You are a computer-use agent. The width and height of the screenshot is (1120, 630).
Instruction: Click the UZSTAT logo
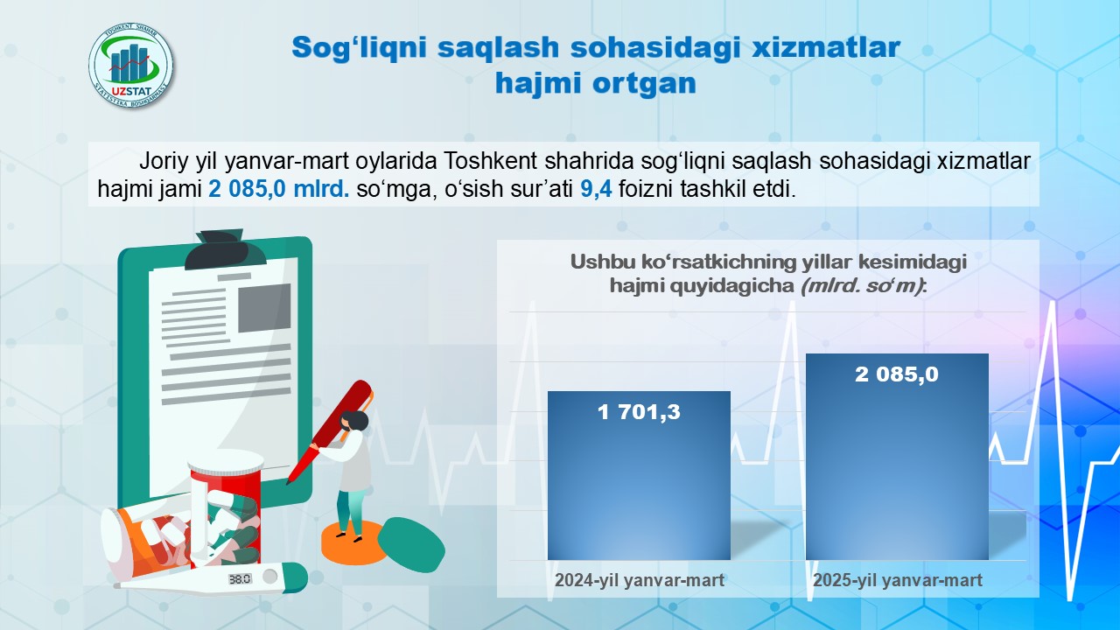point(131,66)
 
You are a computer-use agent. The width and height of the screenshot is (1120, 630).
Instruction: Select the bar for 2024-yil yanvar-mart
point(639,475)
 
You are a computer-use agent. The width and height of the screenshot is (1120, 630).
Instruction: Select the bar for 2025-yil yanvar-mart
point(897,457)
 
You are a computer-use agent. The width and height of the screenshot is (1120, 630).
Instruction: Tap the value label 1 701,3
point(639,412)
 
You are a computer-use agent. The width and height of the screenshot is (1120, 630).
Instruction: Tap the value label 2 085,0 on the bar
point(897,374)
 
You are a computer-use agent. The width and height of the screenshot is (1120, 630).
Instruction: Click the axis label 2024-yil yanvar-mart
point(640,580)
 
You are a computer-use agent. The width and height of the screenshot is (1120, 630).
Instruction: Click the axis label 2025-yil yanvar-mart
point(898,580)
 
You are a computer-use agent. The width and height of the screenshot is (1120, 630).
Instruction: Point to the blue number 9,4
point(596,190)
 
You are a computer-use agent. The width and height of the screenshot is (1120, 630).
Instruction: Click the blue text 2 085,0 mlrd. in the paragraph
point(279,190)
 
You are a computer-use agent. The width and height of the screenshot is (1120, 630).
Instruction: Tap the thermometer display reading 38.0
point(240,579)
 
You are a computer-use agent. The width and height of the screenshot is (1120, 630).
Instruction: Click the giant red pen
point(330,432)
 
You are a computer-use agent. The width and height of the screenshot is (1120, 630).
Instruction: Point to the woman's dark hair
point(354,421)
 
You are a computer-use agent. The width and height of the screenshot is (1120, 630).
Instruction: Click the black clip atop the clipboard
point(226,250)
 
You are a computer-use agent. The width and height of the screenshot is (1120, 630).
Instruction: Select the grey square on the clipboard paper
point(264,308)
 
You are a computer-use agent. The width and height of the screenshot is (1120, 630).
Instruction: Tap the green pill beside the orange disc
point(411,544)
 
